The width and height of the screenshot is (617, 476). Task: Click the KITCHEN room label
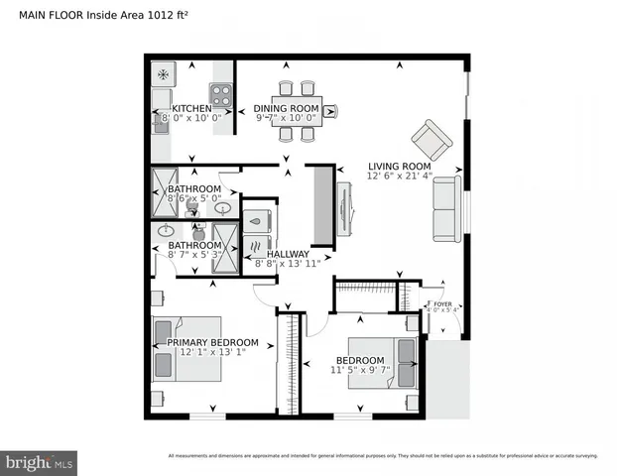coord(191,108)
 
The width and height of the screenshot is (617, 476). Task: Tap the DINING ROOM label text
coord(286,108)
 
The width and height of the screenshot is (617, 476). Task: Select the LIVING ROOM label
coord(399,166)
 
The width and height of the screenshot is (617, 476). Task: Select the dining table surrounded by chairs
coord(297,110)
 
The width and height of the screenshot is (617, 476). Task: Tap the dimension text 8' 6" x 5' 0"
coord(193,198)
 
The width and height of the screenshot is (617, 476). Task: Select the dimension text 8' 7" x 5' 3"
coord(193,255)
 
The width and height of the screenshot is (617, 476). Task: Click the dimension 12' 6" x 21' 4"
coord(399,178)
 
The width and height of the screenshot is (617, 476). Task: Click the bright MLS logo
coord(39,462)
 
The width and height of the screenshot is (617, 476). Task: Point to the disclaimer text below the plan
coord(383,456)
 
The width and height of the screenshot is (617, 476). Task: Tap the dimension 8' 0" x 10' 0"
coord(191,119)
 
